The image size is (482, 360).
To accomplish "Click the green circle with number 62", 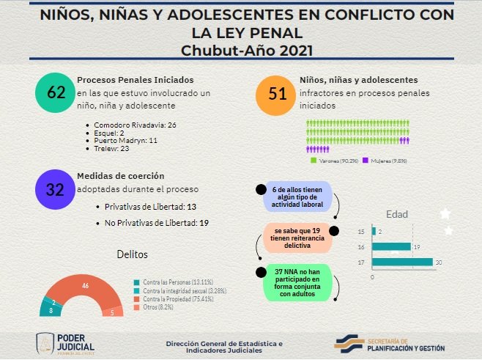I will tap(56, 93).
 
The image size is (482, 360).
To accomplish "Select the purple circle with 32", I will tap(56, 190).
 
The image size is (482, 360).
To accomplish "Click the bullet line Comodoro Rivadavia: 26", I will tap(135, 125).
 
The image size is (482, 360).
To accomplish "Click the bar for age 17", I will tap(403, 262).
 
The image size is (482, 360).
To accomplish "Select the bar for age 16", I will tap(391, 246).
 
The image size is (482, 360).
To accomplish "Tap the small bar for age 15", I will tap(374, 231).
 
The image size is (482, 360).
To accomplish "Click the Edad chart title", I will tap(397, 215).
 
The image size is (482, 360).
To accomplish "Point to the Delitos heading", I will tap(133, 254).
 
